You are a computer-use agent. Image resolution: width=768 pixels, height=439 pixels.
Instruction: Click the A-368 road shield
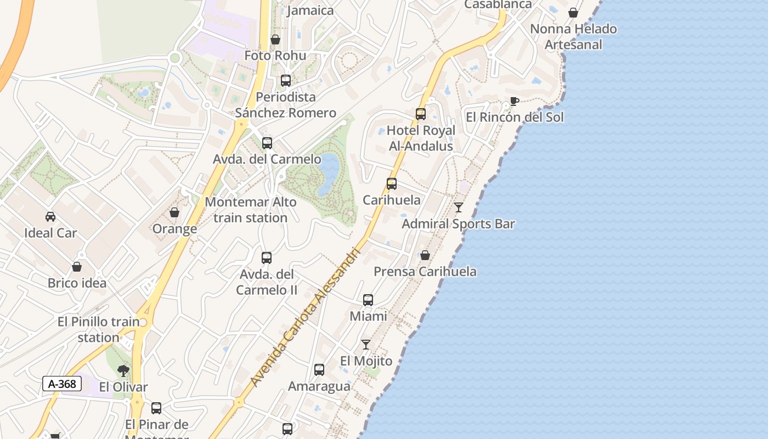pyautogui.click(x=62, y=384)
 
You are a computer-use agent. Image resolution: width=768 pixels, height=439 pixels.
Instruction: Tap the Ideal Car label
pyautogui.click(x=50, y=233)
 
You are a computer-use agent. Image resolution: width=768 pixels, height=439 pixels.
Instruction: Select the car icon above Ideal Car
pyautogui.click(x=50, y=217)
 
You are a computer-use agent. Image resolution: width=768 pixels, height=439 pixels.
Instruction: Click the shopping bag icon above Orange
pyautogui.click(x=174, y=212)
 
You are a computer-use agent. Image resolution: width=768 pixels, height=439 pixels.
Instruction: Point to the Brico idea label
pyautogui.click(x=77, y=283)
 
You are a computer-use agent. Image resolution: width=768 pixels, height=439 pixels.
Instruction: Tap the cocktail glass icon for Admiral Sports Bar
pyautogui.click(x=459, y=207)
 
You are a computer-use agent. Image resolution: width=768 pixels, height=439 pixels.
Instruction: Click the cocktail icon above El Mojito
pyautogui.click(x=366, y=345)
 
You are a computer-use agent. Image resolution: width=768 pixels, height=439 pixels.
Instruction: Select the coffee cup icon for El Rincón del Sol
pyautogui.click(x=514, y=101)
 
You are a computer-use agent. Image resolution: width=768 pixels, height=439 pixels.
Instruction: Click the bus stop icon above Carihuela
pyautogui.click(x=392, y=184)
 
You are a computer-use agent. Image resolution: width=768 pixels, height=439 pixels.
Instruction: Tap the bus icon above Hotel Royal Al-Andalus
pyautogui.click(x=421, y=114)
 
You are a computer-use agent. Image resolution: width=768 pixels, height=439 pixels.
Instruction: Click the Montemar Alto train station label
pyautogui.click(x=251, y=210)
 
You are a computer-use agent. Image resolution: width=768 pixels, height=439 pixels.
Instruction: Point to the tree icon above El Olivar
pyautogui.click(x=123, y=371)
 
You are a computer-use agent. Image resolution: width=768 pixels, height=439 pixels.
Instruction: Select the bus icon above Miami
pyautogui.click(x=368, y=300)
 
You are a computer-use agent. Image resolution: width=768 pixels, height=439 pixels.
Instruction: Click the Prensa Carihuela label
pyautogui.click(x=425, y=272)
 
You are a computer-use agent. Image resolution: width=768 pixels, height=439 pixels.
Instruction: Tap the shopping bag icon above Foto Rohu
pyautogui.click(x=275, y=40)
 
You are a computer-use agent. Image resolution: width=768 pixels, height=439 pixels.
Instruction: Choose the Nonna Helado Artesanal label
pyautogui.click(x=573, y=36)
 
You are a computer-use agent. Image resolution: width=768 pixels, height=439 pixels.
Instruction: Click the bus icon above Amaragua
pyautogui.click(x=319, y=370)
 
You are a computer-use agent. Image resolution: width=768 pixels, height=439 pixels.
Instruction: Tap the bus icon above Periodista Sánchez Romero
pyautogui.click(x=286, y=81)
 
